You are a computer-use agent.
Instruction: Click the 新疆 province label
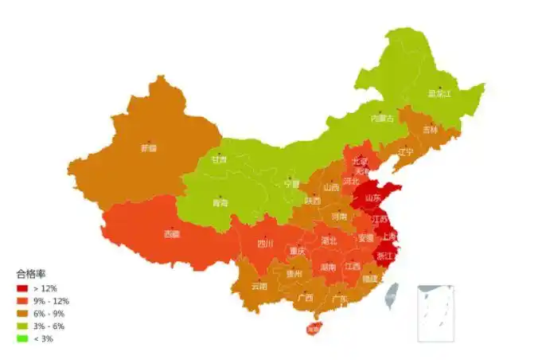[149, 147]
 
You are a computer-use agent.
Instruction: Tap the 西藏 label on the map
[172, 234]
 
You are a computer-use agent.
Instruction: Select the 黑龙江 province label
[439, 93]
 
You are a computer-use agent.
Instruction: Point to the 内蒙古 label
[382, 119]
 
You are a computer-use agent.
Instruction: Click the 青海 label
[220, 202]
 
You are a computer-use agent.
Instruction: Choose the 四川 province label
[265, 244]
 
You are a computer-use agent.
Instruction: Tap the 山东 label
[372, 198]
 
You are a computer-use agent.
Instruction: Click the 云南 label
[259, 286]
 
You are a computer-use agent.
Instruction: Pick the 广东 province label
[340, 299]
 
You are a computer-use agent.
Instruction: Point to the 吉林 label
[430, 130]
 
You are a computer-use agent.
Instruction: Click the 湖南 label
[328, 268]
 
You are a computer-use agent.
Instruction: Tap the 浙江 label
[384, 256]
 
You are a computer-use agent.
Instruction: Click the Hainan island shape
[313, 327]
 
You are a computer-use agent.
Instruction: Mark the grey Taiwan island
[391, 296]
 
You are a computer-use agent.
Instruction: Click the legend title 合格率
[31, 273]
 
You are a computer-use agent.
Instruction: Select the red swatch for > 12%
[21, 288]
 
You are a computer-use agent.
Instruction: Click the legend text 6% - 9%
[49, 314]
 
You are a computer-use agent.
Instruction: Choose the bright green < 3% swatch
[21, 339]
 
